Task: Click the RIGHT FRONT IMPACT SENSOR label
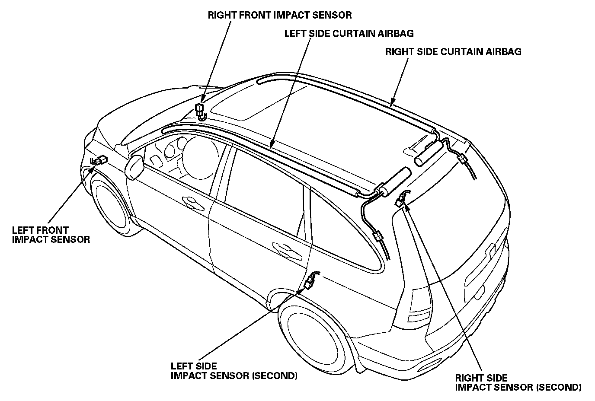pyautogui.click(x=279, y=15)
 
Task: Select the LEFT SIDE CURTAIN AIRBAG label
pyautogui.click(x=349, y=33)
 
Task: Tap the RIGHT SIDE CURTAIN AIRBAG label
pyautogui.click(x=453, y=52)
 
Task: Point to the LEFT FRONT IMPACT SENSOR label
pyautogui.click(x=51, y=235)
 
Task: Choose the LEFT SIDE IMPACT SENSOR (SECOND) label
pyautogui.click(x=234, y=371)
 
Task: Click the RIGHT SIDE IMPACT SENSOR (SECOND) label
pyautogui.click(x=518, y=382)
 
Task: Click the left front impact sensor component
pyautogui.click(x=100, y=160)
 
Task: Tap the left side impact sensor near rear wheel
pyautogui.click(x=310, y=283)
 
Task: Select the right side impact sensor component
pyautogui.click(x=400, y=199)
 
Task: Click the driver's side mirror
pyautogui.click(x=135, y=167)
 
